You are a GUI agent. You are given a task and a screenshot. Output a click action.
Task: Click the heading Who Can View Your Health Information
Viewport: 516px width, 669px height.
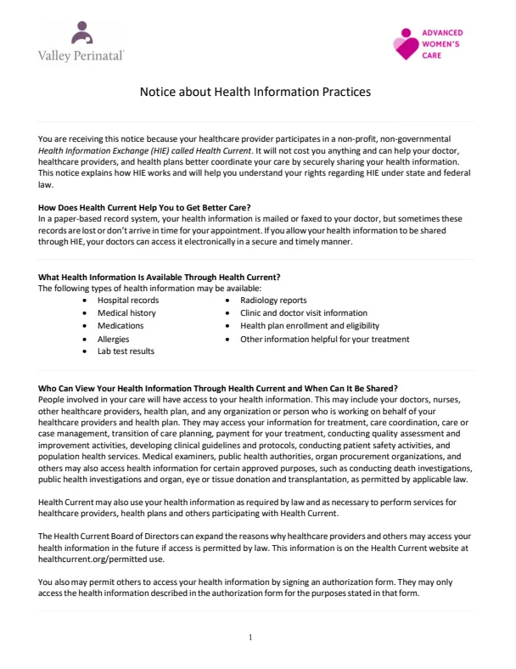pos(218,388)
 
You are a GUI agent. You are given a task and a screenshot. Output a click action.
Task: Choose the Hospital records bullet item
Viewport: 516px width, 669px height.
pos(128,301)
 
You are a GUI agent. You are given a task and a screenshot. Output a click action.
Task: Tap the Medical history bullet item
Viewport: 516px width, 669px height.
pos(126,313)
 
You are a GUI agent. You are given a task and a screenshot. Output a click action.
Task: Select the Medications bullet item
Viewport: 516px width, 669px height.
pos(121,326)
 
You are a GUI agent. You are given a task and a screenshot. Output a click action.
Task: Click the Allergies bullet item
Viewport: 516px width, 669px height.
pos(114,339)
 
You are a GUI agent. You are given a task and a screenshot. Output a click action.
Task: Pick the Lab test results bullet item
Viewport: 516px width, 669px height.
pos(126,351)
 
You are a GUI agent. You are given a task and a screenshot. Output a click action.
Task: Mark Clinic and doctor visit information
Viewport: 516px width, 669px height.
pos(304,313)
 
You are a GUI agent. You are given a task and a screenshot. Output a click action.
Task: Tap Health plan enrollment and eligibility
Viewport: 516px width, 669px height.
pos(310,326)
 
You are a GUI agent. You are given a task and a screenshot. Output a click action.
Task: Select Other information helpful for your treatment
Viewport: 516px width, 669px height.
pos(325,339)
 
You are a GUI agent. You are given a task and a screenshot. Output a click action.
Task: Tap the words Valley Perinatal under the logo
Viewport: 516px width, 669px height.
pos(81,55)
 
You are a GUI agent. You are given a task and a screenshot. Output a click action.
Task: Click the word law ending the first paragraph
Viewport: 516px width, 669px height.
pos(45,183)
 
